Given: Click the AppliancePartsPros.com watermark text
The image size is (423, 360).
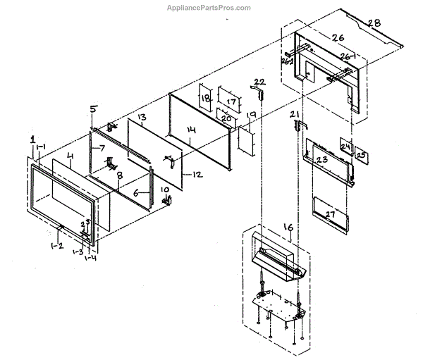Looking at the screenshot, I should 211,8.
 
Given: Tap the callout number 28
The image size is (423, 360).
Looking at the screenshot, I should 373,23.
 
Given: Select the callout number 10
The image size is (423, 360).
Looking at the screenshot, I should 166,190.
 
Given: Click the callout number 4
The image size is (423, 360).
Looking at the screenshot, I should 69,155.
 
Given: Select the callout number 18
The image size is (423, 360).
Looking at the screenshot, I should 205,100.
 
